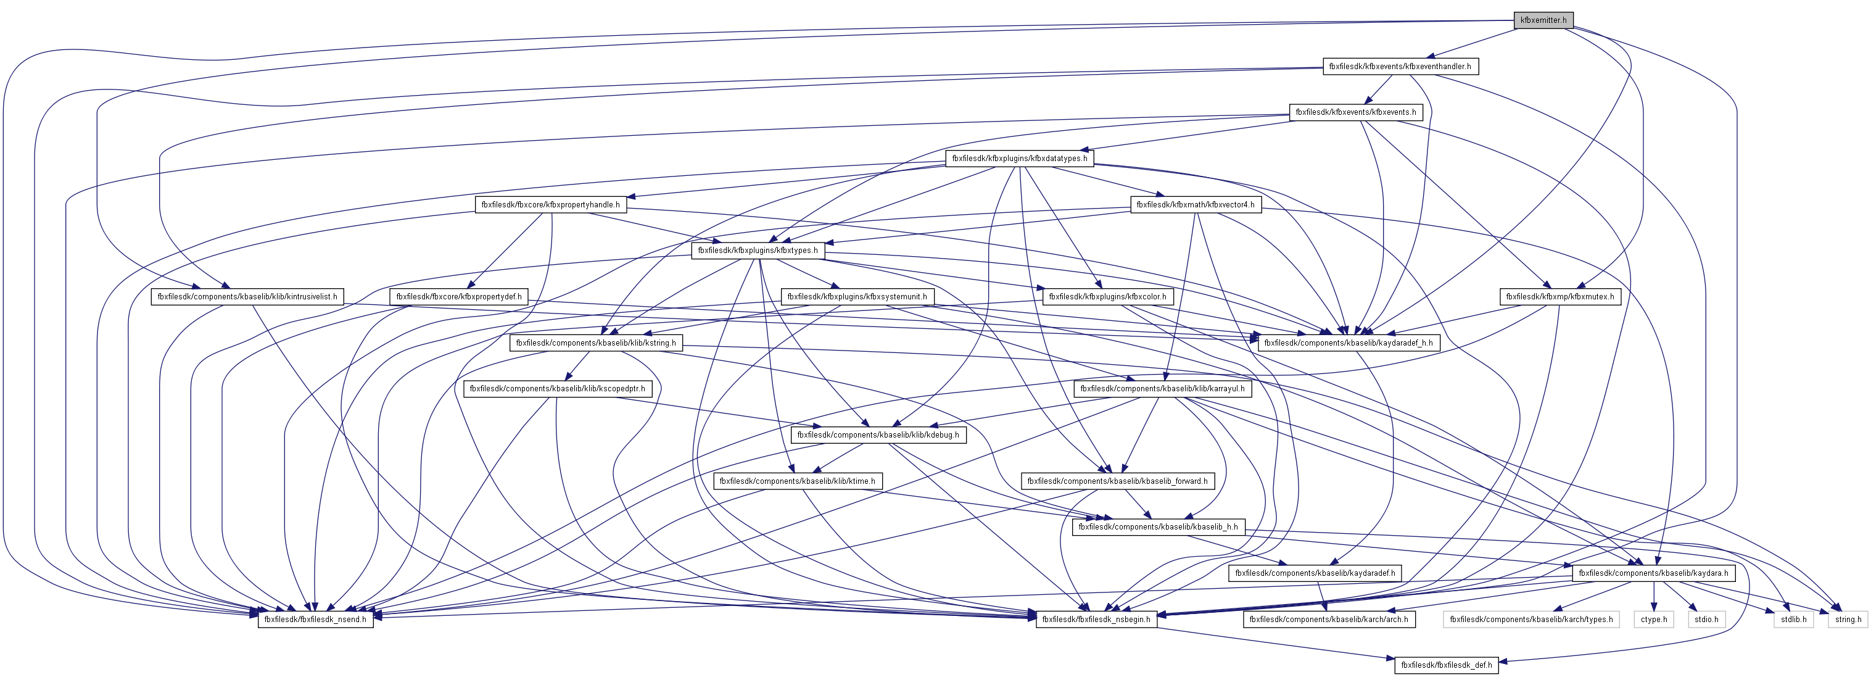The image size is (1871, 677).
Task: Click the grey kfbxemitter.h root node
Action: tap(1543, 20)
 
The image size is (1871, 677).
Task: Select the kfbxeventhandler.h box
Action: tap(1400, 67)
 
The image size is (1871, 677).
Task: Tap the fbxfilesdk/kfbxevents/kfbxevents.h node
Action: tap(1355, 112)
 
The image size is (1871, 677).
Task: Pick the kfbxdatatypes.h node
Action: tap(1019, 159)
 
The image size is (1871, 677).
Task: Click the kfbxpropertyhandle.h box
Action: tap(550, 205)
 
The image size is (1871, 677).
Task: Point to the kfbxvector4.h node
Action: tap(1195, 205)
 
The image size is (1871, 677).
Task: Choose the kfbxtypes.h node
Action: tap(758, 251)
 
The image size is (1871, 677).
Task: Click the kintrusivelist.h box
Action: tap(247, 297)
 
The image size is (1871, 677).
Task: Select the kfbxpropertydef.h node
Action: tap(458, 297)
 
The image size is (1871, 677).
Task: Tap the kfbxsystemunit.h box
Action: tap(856, 297)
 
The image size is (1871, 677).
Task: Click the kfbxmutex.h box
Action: tap(1559, 297)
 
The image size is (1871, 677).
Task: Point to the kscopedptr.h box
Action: tap(557, 389)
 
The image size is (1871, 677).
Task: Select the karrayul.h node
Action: tap(1162, 389)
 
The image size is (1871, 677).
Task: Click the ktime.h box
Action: tap(797, 481)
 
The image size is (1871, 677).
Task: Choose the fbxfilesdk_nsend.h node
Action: tap(315, 620)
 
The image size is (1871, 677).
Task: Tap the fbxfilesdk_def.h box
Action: tap(1446, 665)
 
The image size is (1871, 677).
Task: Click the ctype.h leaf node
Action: tap(1654, 620)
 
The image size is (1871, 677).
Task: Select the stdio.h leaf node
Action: tap(1706, 620)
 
